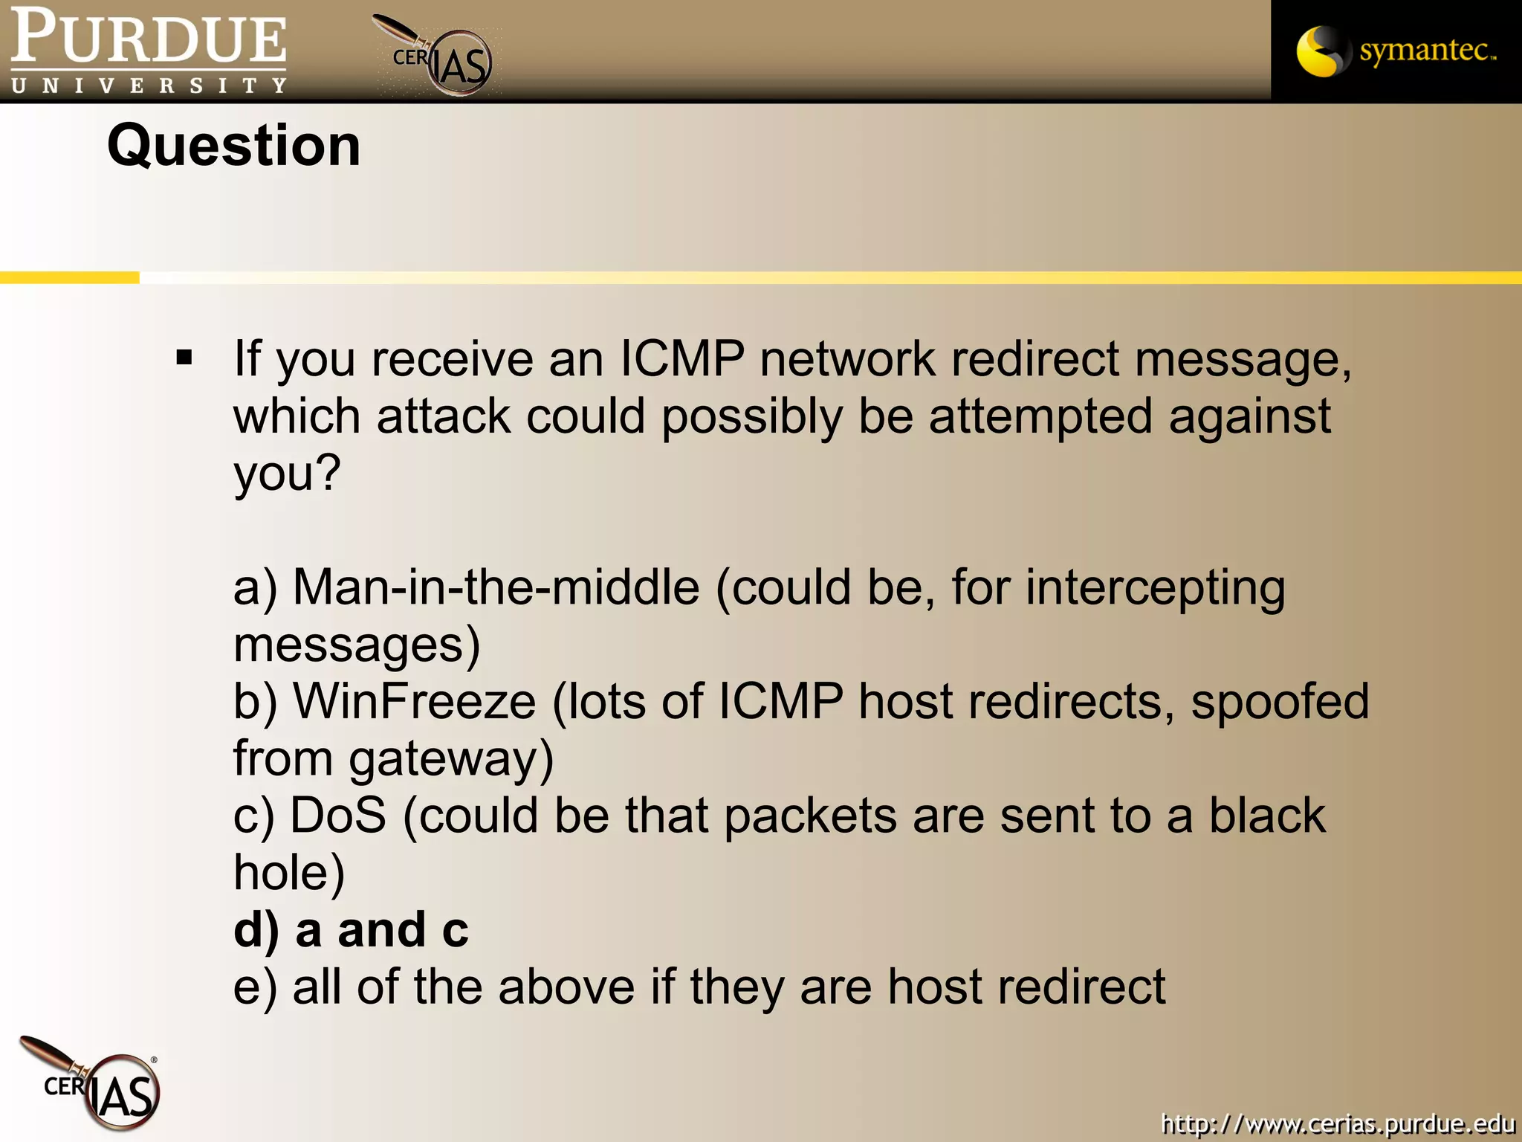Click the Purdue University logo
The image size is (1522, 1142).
pyautogui.click(x=149, y=51)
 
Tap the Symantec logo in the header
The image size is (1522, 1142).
pyautogui.click(x=1396, y=51)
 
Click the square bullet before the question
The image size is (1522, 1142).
pyautogui.click(x=184, y=358)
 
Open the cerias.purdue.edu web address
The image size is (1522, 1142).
pyautogui.click(x=1338, y=1123)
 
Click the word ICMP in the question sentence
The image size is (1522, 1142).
pyautogui.click(x=681, y=359)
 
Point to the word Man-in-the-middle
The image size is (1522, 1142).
pyautogui.click(x=496, y=587)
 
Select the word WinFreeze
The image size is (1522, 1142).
pyautogui.click(x=415, y=701)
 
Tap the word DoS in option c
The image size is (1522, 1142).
pyautogui.click(x=338, y=816)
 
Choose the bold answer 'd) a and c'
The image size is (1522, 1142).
pyautogui.click(x=351, y=929)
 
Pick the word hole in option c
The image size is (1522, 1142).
pyautogui.click(x=288, y=872)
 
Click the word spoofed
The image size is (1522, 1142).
pyautogui.click(x=1280, y=701)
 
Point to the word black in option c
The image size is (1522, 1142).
pyautogui.click(x=1267, y=816)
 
